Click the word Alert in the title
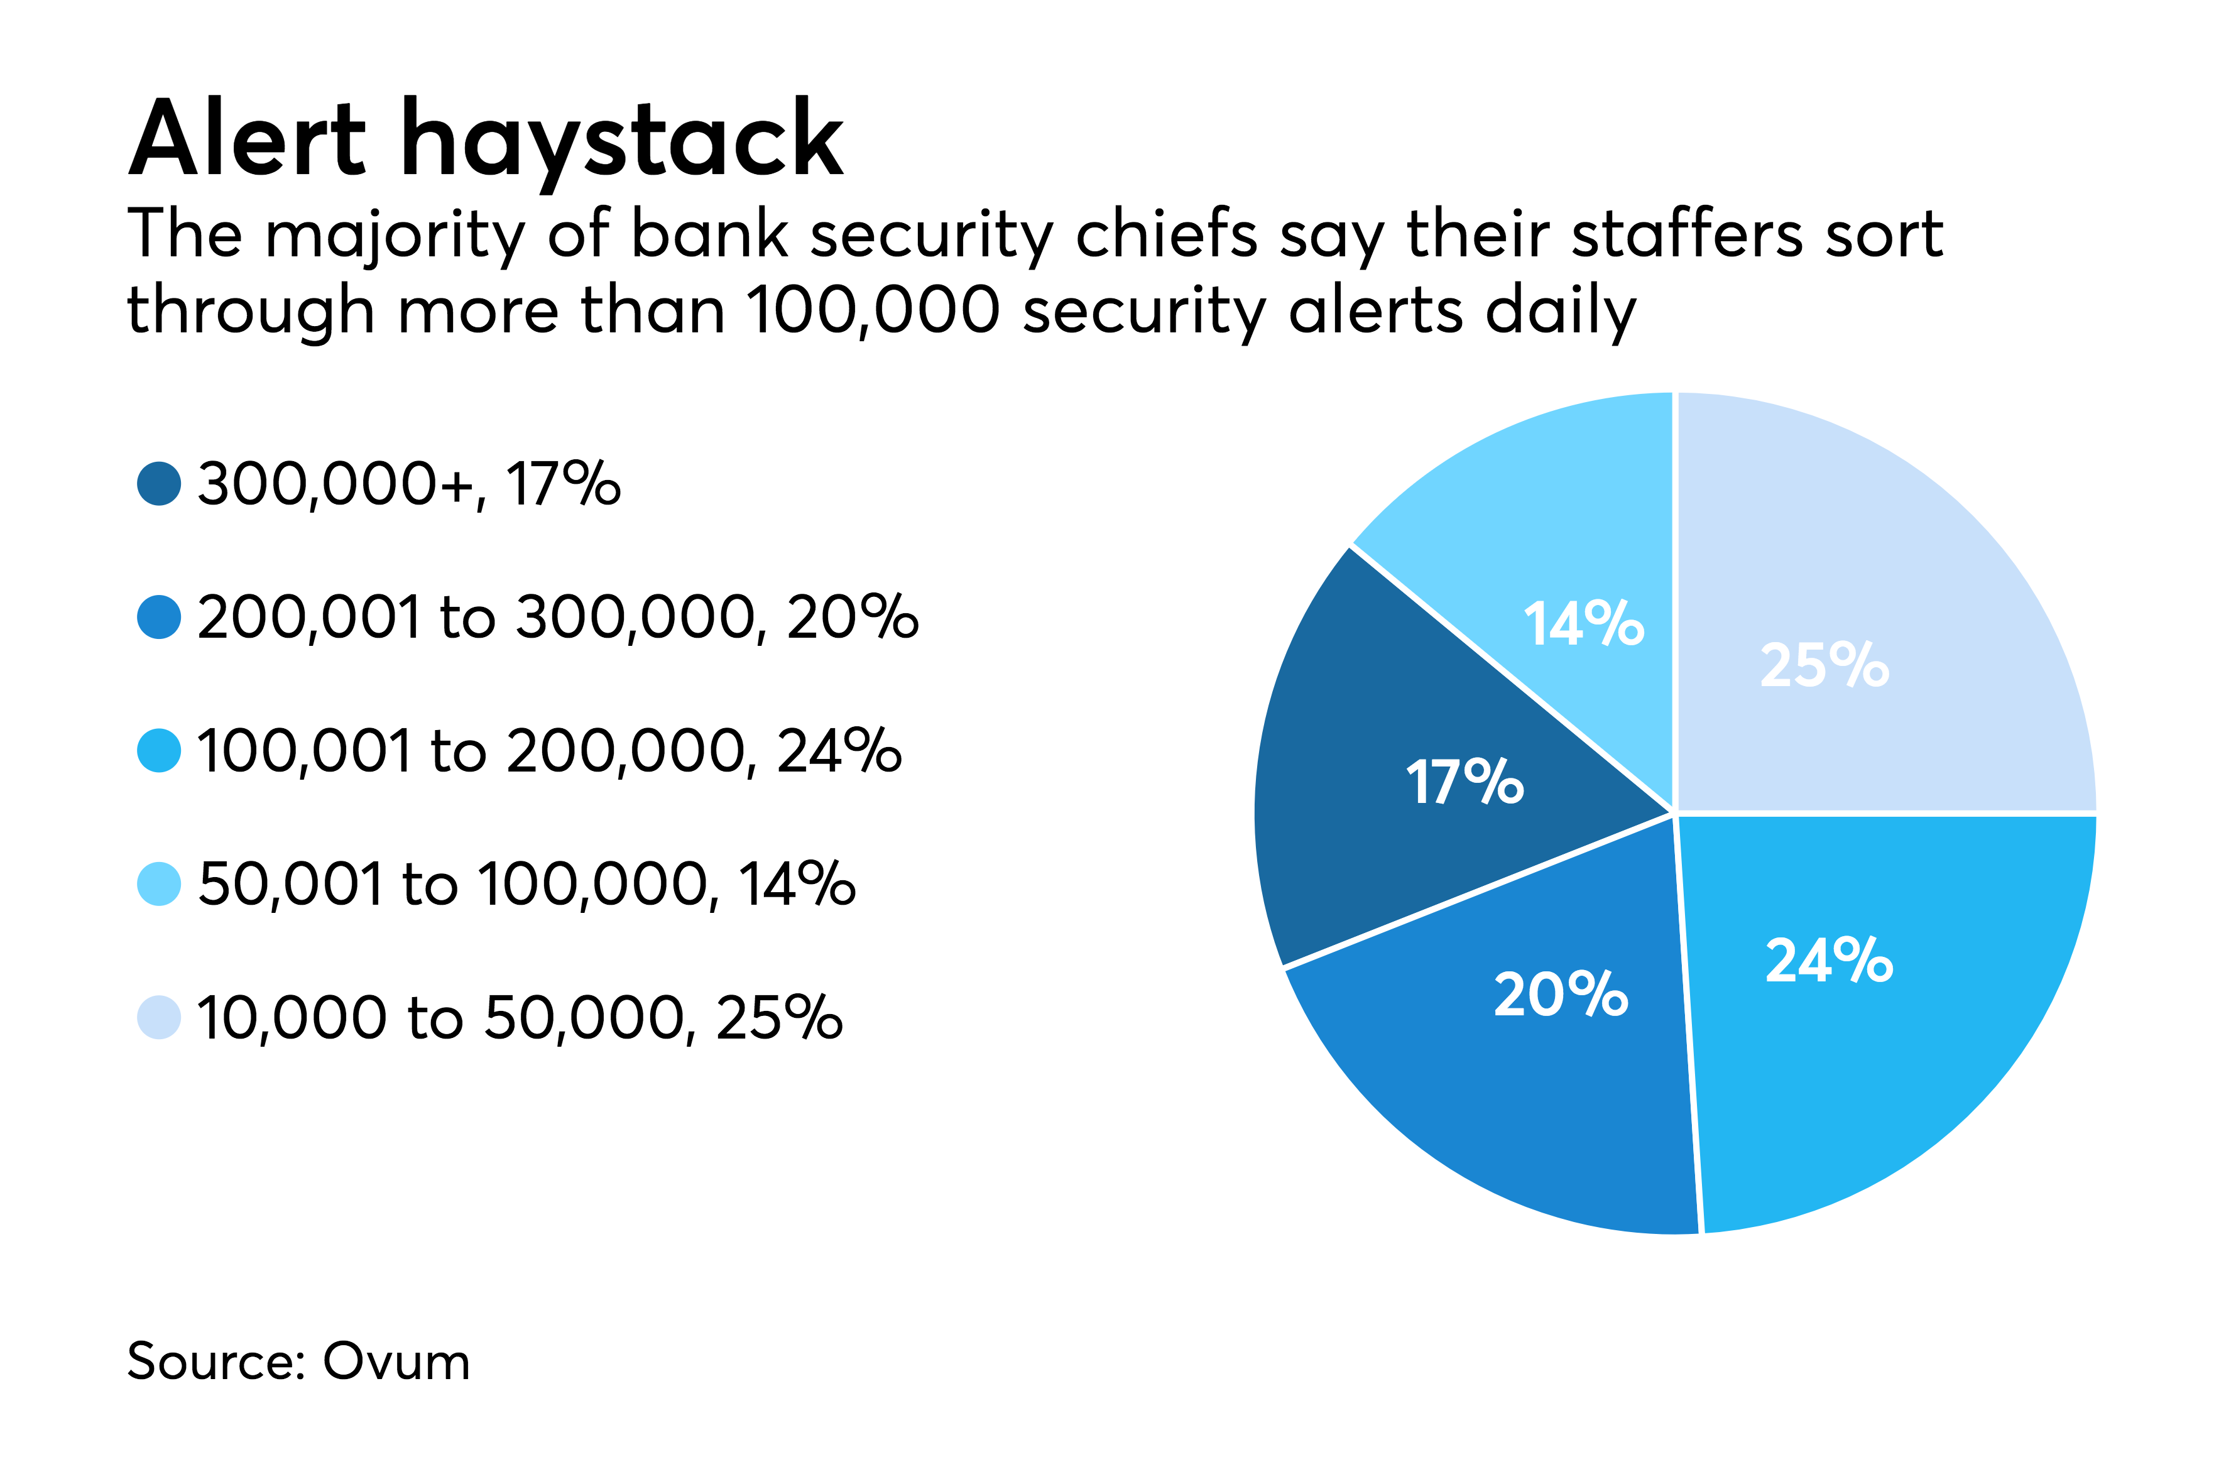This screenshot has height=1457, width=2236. pos(247,139)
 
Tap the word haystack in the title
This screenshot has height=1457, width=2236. pos(622,141)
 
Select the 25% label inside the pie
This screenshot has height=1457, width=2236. pos(1824,665)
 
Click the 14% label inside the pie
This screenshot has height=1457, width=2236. pos(1583,624)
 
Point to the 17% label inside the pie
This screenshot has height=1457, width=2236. pos(1464,782)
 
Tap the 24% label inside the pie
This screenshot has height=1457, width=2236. pos(1828,960)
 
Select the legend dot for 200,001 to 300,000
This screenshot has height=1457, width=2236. pos(159,617)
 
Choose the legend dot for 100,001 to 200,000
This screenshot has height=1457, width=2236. pos(159,751)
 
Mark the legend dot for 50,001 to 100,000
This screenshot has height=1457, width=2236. pos(159,884)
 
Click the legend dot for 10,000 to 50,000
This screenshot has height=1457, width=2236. pos(159,1017)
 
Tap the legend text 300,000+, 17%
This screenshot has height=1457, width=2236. pos(408,485)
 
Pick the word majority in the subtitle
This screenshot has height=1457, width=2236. pos(395,236)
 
